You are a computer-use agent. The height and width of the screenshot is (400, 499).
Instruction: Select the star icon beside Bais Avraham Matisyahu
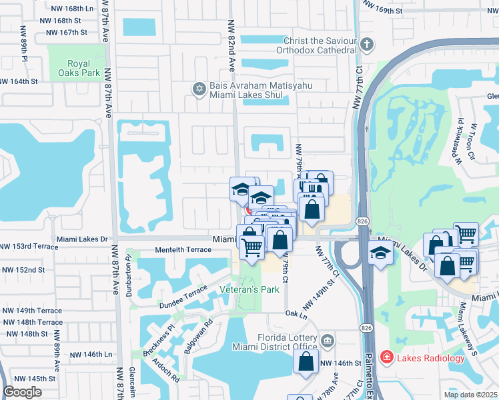pos(198,89)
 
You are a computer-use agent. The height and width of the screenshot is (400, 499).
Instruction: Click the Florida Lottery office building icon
pos(327,341)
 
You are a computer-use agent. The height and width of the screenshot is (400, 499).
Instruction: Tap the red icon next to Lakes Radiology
pos(386,359)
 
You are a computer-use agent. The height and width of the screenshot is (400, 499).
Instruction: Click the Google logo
pos(22,392)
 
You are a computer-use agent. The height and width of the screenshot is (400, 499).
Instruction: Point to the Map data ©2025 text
pos(471,395)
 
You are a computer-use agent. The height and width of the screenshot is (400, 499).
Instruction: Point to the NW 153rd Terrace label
pos(27,246)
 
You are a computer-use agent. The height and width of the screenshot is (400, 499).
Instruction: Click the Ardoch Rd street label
pos(165,370)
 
